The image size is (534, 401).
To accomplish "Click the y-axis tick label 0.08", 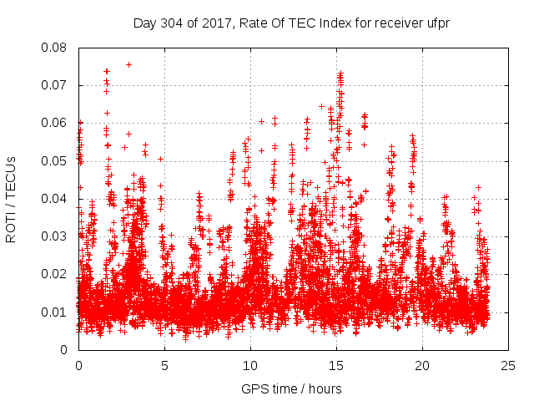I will pos(56,48).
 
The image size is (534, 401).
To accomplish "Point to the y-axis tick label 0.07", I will pos(56,85).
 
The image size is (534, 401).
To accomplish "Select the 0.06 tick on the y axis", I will pos(56,123).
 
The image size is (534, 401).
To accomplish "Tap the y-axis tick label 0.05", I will pos(56,160).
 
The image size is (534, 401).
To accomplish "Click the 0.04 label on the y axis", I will pos(56,199).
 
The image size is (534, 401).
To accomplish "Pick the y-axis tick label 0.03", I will pos(56,236).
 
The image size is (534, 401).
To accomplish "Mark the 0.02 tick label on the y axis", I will pos(56,274).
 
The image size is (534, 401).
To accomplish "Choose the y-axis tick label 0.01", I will pos(56,312).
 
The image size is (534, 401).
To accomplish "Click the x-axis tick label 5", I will pos(164,365).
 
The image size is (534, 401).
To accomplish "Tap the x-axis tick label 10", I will pos(250,365).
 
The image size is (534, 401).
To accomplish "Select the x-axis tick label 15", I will pos(336,365).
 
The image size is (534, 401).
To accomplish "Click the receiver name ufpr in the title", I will pos(436,23).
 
